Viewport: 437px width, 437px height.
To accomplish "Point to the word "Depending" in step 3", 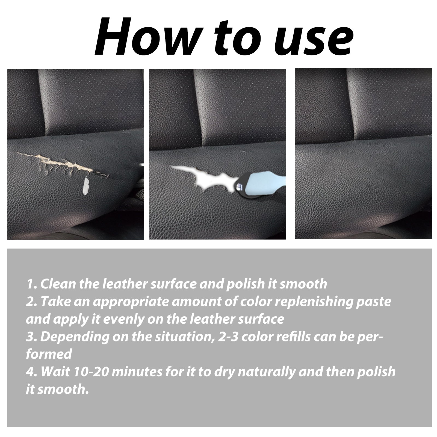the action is [x=72, y=338].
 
